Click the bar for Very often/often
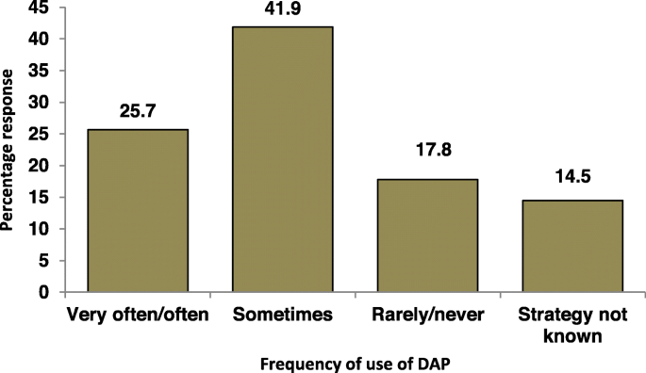click(x=138, y=210)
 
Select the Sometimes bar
click(x=282, y=159)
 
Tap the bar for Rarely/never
click(x=427, y=235)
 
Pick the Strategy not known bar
click(x=572, y=246)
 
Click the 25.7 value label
click(x=138, y=111)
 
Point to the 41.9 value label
click(x=282, y=9)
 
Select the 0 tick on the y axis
click(x=43, y=292)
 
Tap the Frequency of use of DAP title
click(x=355, y=363)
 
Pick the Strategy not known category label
click(x=572, y=323)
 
